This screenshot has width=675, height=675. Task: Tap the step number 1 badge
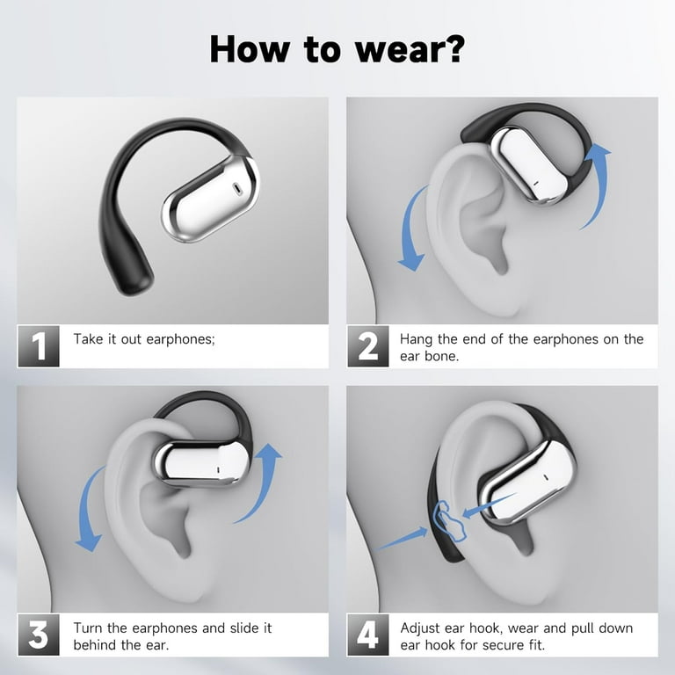[x=39, y=346]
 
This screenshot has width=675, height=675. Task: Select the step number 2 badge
[x=368, y=346]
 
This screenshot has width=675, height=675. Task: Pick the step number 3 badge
[x=39, y=635]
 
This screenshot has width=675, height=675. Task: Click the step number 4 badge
[x=368, y=635]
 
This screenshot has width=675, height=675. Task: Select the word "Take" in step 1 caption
[x=89, y=339]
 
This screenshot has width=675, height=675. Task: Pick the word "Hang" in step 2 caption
[x=417, y=339]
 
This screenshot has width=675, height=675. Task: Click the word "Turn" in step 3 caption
[x=88, y=628]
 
